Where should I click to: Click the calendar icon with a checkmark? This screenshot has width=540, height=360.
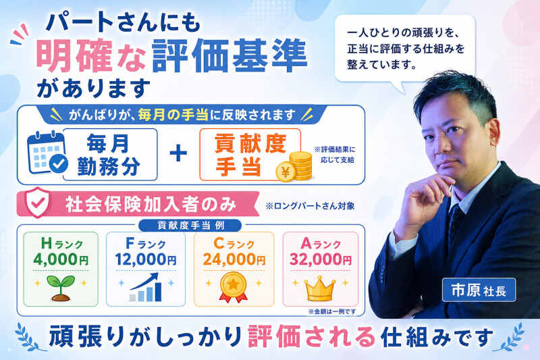click(x=47, y=153)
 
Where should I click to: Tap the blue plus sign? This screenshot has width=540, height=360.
click(x=178, y=153)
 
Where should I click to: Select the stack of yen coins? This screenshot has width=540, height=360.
click(x=294, y=166)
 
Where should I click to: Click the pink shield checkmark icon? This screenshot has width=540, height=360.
click(x=38, y=203)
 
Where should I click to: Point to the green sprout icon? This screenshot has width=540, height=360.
click(x=61, y=287)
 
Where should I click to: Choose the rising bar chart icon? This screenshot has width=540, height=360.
click(x=146, y=287)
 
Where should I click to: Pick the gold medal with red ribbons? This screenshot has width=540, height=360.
click(x=233, y=287)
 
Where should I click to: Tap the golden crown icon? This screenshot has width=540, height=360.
click(x=319, y=288)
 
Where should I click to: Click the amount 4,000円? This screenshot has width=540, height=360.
click(x=61, y=259)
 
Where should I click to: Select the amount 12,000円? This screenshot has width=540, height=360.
click(x=146, y=259)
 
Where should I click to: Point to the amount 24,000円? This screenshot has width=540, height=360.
click(x=234, y=259)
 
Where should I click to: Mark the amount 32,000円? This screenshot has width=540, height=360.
click(x=321, y=259)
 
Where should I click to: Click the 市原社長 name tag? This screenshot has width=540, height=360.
click(x=479, y=290)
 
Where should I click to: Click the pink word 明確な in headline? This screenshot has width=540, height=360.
click(x=90, y=55)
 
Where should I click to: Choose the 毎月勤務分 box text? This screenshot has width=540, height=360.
click(x=109, y=155)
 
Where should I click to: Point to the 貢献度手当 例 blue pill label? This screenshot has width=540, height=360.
click(x=190, y=226)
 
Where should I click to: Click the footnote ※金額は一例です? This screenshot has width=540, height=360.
click(x=332, y=311)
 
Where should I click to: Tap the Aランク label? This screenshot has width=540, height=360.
click(x=321, y=244)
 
